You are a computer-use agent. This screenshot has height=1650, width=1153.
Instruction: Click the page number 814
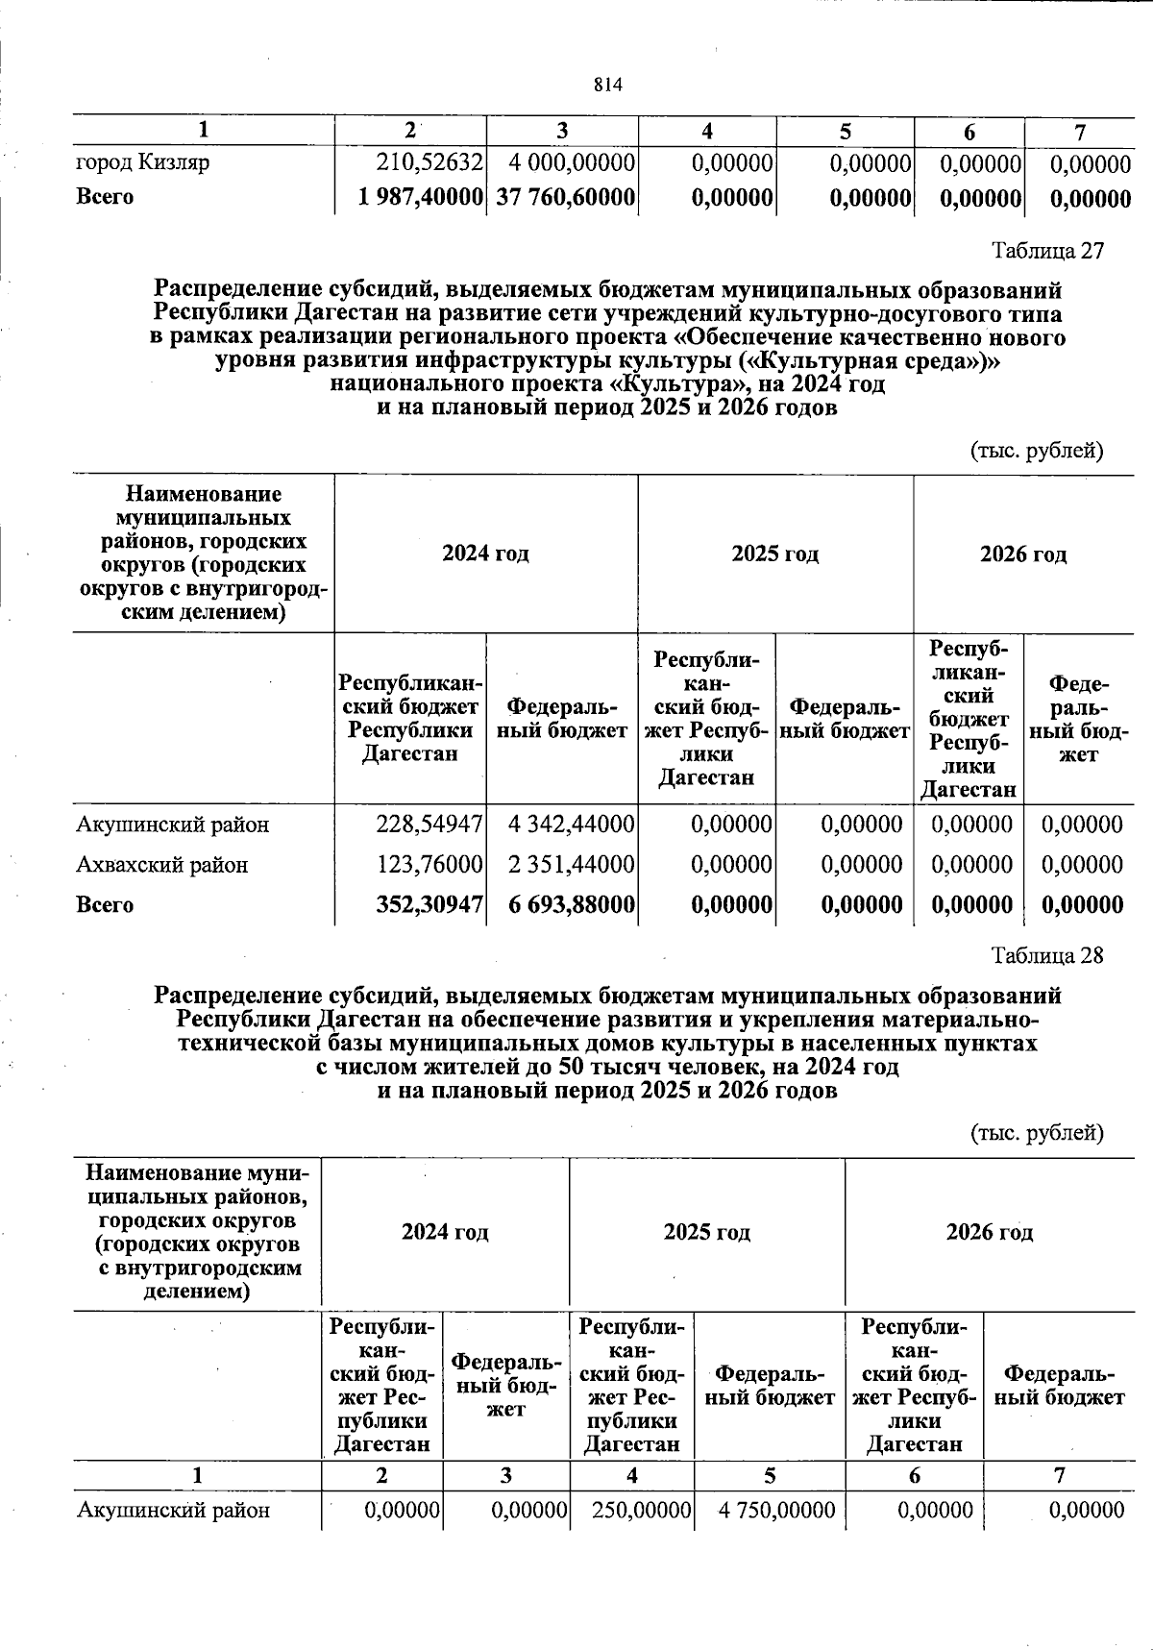tap(608, 85)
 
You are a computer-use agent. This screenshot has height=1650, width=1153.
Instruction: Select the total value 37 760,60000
tap(565, 197)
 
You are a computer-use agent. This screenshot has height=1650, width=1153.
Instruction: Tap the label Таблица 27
tap(1048, 251)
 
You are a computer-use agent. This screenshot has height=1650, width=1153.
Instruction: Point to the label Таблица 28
tap(1048, 955)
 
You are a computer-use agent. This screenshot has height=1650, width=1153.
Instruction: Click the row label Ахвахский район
tap(162, 865)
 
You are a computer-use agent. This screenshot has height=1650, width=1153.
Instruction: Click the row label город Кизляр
tap(142, 162)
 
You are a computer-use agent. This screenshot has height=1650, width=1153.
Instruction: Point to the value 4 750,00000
tap(776, 1511)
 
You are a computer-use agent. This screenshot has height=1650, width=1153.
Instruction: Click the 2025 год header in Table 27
tap(774, 554)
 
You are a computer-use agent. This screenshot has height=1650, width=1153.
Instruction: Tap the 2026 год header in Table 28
tap(989, 1232)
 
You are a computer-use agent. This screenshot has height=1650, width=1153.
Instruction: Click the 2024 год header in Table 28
tap(445, 1232)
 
